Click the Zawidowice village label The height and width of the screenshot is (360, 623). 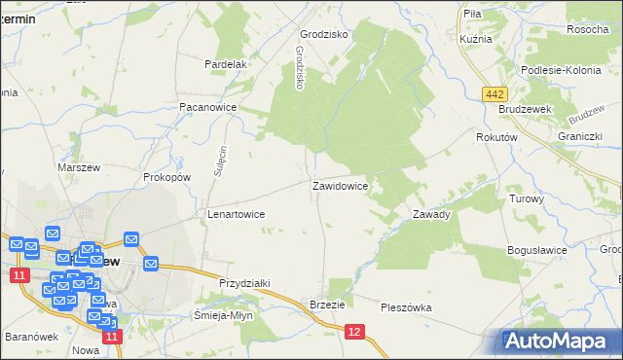339,185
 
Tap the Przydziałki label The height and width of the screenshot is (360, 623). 244,282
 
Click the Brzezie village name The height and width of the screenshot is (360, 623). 327,305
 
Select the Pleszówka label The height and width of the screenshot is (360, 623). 406,307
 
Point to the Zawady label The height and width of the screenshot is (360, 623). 430,214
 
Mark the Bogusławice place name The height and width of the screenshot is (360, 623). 536,250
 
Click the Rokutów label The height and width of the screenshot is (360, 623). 495,138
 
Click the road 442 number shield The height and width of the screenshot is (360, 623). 495,92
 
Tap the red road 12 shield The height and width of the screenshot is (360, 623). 354,333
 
